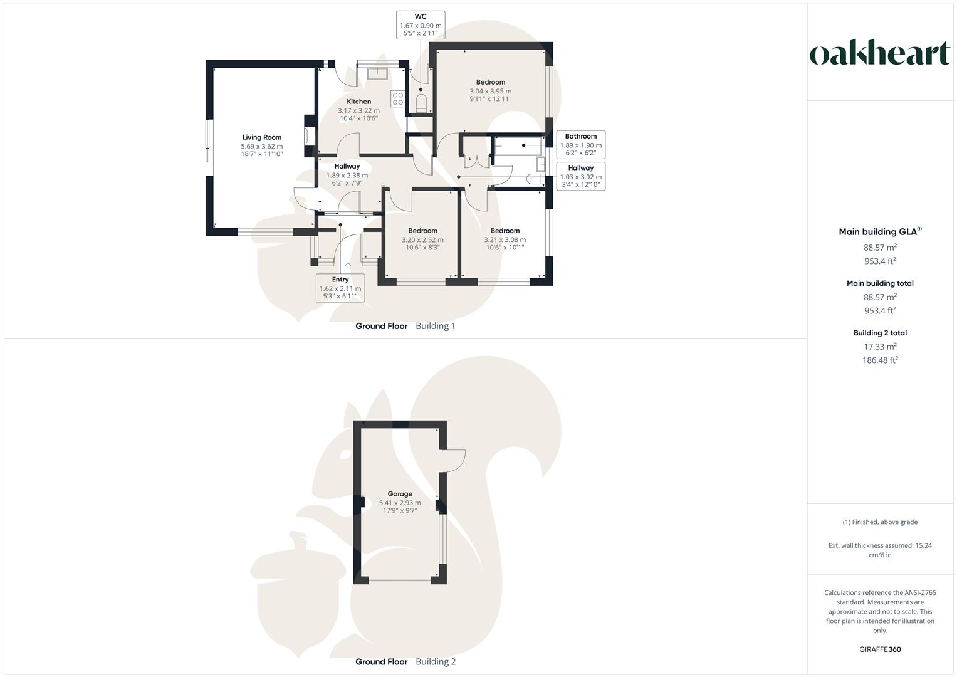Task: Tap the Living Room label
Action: click(262, 137)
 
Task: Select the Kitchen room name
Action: click(359, 102)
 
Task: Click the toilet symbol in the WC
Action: click(421, 103)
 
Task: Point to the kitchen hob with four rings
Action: click(398, 99)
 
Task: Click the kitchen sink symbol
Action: click(377, 74)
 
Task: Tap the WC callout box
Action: click(421, 25)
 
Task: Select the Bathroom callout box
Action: click(580, 144)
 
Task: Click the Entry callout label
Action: click(340, 288)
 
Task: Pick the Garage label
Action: click(400, 494)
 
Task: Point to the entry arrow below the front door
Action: click(348, 265)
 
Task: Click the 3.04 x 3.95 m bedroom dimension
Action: click(491, 91)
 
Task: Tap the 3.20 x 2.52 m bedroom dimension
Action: click(422, 239)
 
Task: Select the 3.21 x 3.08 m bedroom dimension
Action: click(505, 239)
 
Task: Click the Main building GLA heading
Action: click(880, 231)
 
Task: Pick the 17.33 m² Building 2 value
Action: click(880, 346)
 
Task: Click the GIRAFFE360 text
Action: click(880, 649)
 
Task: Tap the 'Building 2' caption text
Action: click(436, 661)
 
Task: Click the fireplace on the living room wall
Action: click(308, 136)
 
